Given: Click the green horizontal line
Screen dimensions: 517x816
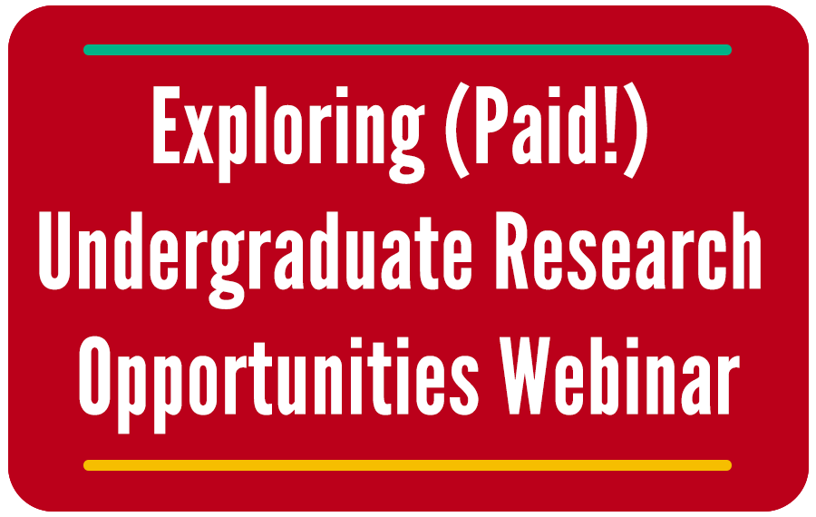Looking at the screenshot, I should click(x=407, y=50).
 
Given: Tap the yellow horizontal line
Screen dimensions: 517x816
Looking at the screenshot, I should click(x=407, y=465).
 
